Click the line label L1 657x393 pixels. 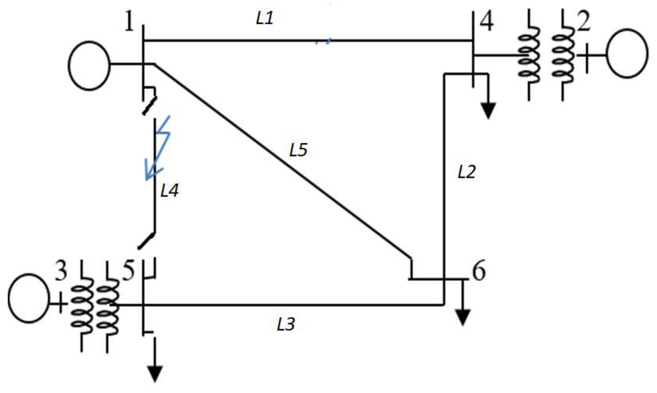point(265,19)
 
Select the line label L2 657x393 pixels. point(467,172)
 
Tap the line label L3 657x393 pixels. point(286,324)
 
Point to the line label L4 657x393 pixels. point(170,190)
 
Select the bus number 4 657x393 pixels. point(487,22)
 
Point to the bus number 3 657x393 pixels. point(61,272)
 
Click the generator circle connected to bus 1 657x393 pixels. point(89,66)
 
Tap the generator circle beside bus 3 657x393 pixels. point(29,298)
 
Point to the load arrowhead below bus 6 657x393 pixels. point(462,318)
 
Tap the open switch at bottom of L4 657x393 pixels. point(146,241)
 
